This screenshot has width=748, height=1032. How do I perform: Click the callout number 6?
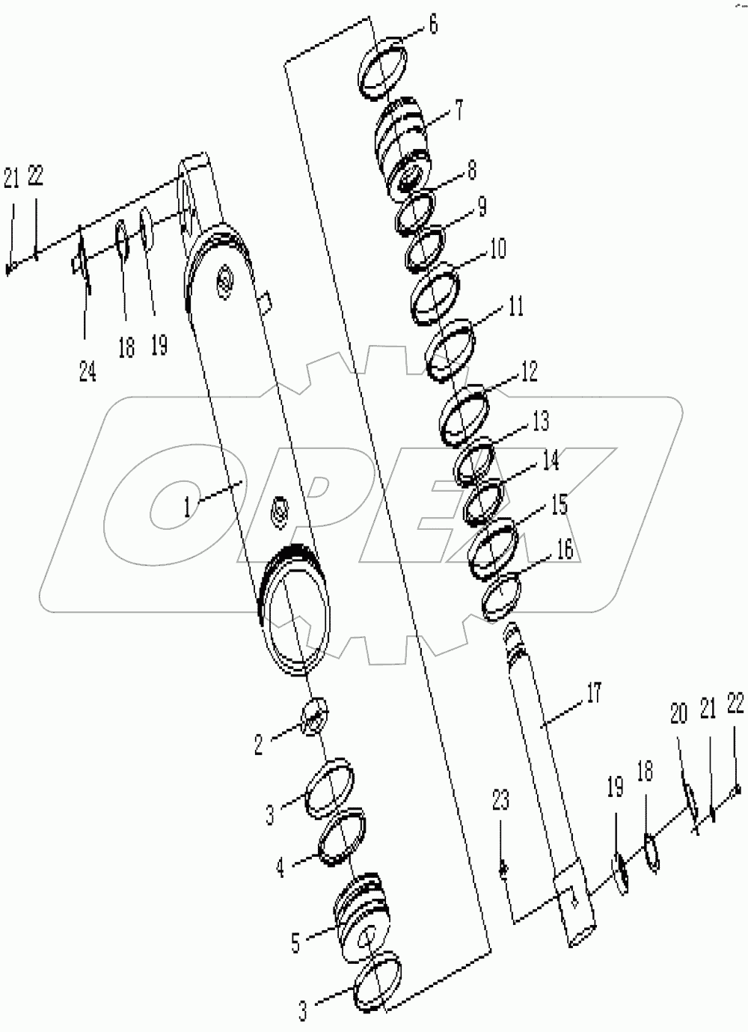(433, 25)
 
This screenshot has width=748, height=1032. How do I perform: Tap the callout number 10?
(497, 248)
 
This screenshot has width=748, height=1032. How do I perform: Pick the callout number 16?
(564, 549)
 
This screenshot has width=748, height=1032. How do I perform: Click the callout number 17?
(593, 693)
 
